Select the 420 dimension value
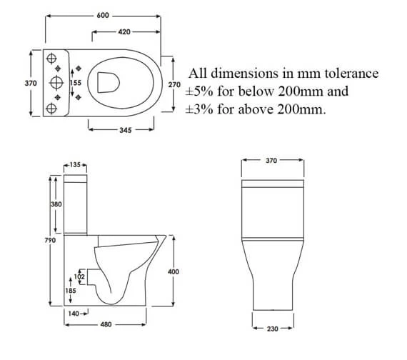[124, 31]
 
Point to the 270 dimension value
[174, 84]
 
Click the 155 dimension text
[76, 84]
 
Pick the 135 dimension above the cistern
[75, 165]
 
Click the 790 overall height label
[50, 240]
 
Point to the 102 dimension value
[79, 276]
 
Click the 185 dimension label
[71, 291]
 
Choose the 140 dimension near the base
[72, 314]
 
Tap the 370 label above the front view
[271, 161]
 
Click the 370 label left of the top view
[31, 84]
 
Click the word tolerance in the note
[350, 74]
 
